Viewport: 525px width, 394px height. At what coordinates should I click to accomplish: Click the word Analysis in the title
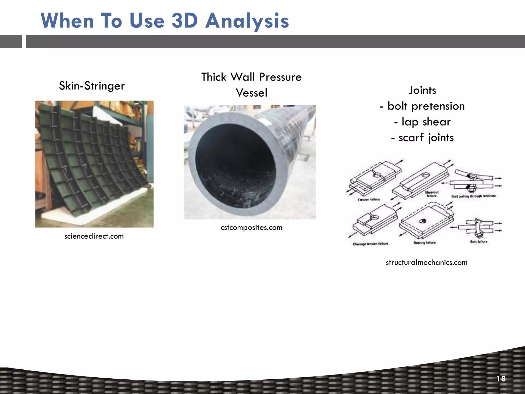[x=247, y=21]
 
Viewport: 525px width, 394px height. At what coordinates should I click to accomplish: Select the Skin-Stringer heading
[x=92, y=86]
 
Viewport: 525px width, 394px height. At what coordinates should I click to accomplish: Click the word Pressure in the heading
[x=280, y=77]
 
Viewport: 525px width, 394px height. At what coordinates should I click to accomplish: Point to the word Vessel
[x=251, y=93]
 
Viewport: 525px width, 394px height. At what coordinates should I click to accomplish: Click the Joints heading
[x=422, y=90]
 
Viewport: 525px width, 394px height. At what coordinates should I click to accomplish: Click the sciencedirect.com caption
[x=94, y=236]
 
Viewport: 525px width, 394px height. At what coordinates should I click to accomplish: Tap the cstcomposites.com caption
[x=251, y=228]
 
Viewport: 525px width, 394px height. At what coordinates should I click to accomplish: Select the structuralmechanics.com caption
[x=426, y=263]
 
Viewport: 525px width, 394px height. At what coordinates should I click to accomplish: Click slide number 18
[x=501, y=379]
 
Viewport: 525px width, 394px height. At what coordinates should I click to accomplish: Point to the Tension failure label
[x=368, y=200]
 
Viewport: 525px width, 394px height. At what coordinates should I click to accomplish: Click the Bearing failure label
[x=424, y=243]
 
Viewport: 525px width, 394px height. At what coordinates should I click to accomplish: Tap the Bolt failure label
[x=479, y=242]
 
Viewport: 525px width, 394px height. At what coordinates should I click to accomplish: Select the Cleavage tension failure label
[x=370, y=244]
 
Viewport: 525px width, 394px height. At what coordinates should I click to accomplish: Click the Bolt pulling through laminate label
[x=473, y=196]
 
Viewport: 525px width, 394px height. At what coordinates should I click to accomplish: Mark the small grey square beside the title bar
[x=11, y=42]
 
